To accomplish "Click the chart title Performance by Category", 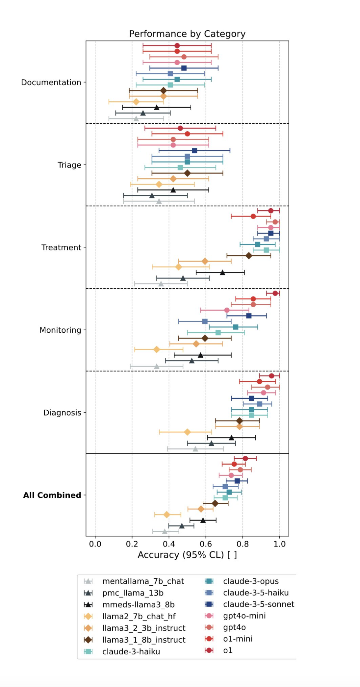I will (187, 34).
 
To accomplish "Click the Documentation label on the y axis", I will (51, 82).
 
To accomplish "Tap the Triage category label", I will (69, 165).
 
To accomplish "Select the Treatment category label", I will (61, 247).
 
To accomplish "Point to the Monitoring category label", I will (60, 330).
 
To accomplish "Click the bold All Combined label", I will (52, 495).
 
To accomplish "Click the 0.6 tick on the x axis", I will (206, 544).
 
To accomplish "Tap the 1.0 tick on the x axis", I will (280, 544).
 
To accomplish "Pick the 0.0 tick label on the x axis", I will (95, 544).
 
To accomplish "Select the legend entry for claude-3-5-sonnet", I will (258, 604).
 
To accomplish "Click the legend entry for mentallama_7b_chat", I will (143, 581).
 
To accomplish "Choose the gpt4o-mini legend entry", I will (244, 616).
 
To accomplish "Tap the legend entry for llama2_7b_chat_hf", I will (139, 617).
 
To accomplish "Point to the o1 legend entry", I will (228, 650).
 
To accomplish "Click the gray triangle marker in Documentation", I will (136, 119).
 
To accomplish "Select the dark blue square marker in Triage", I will (194, 151).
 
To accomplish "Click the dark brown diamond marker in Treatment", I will (249, 255).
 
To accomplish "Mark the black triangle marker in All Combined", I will (203, 520).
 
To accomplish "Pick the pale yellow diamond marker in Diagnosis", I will (187, 432).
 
